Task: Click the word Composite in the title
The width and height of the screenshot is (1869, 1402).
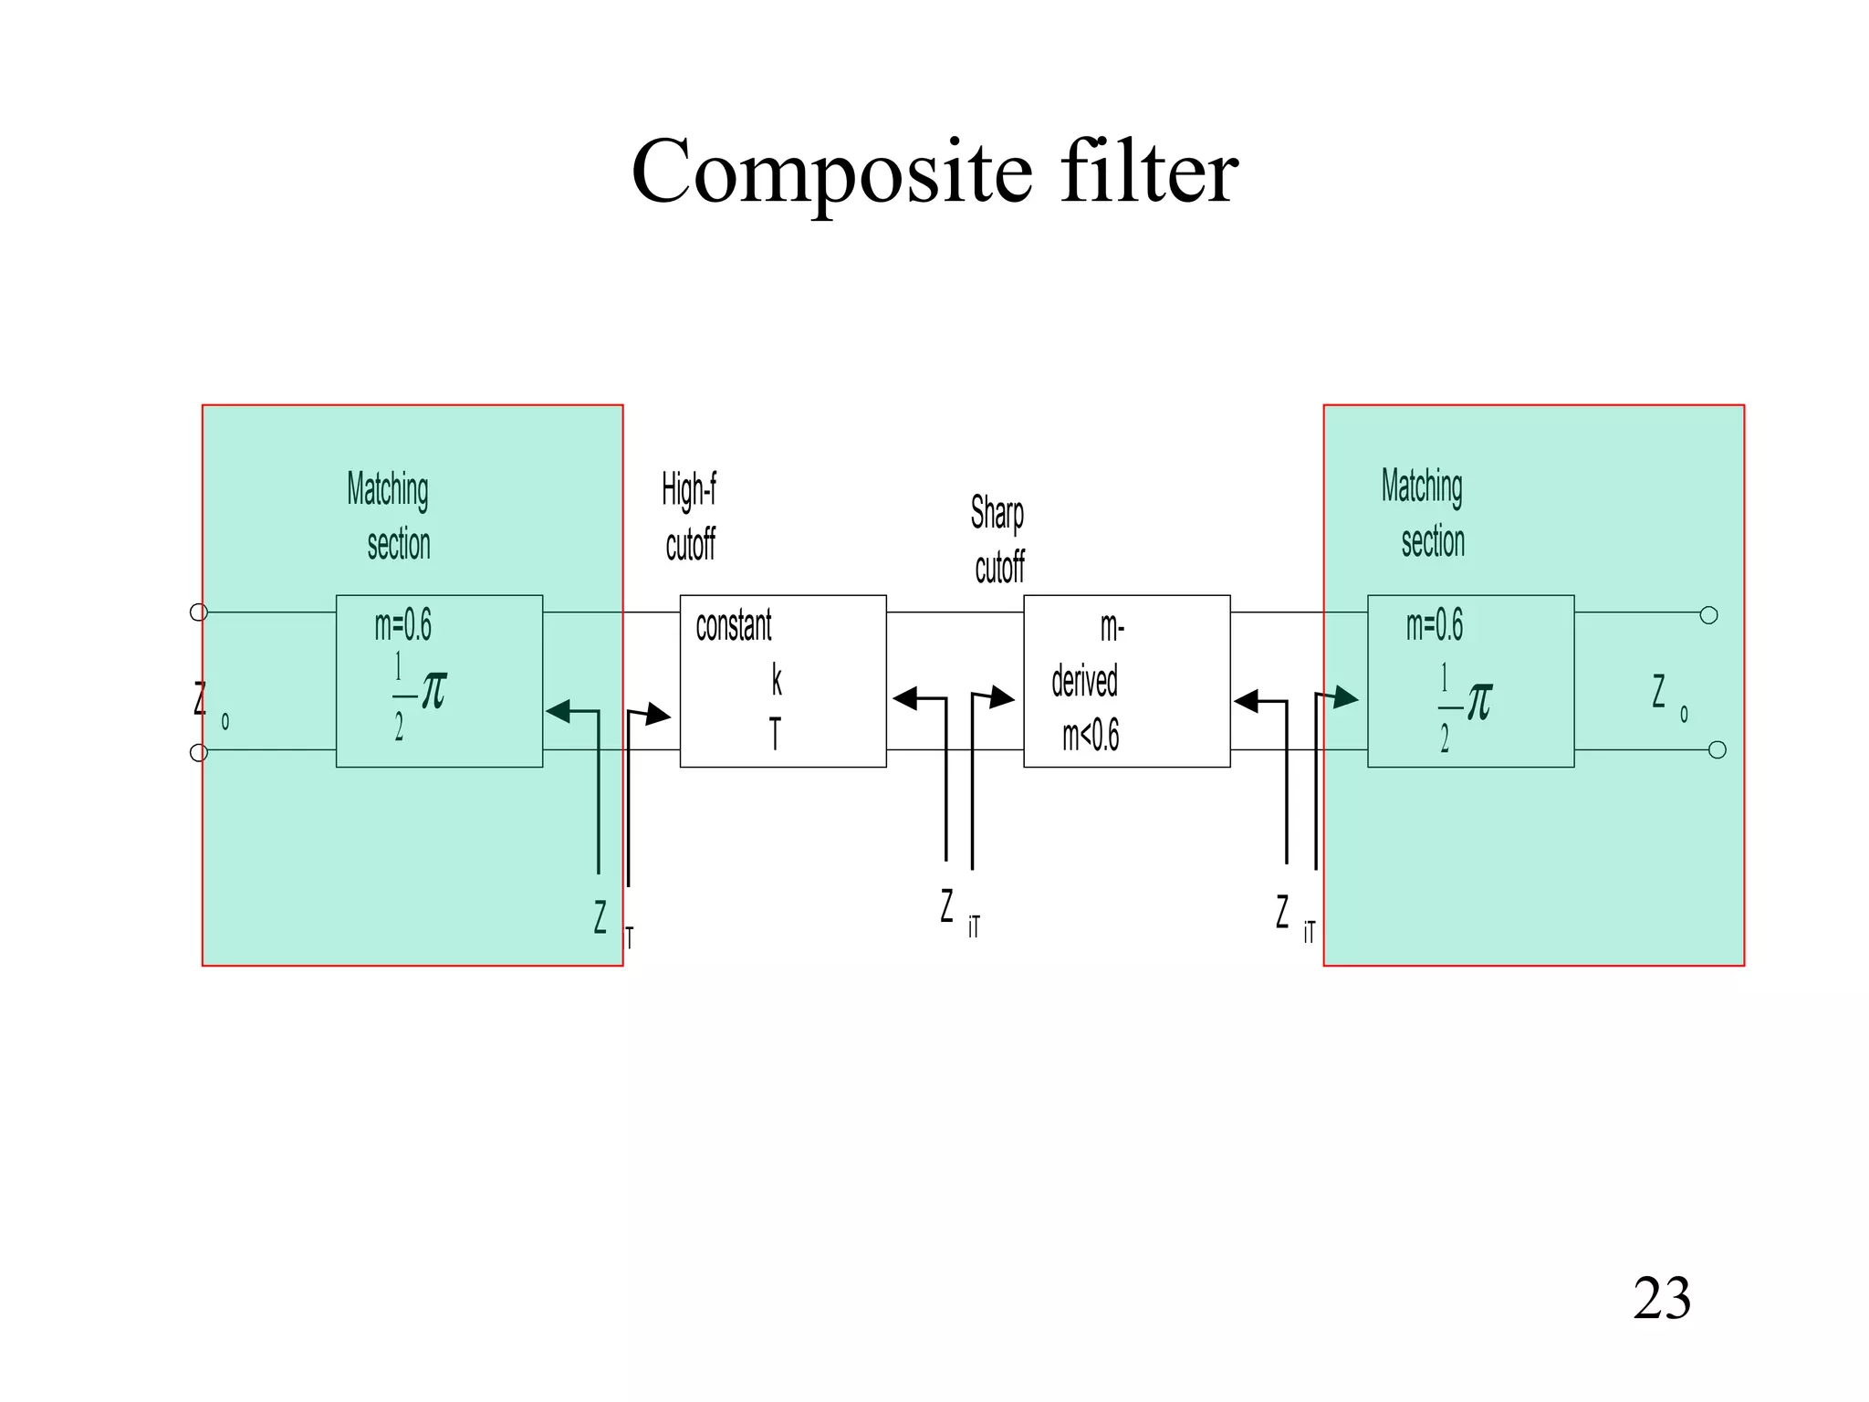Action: (x=831, y=173)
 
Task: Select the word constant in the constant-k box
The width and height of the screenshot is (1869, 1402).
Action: (x=733, y=626)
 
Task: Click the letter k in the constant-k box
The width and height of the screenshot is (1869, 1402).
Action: (x=777, y=680)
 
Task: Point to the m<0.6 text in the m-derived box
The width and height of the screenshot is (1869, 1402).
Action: (x=1090, y=735)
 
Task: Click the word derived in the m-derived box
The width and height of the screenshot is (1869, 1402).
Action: (x=1084, y=681)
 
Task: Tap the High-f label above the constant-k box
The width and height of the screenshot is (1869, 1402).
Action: (x=688, y=490)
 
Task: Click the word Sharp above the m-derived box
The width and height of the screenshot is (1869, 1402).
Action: (x=997, y=513)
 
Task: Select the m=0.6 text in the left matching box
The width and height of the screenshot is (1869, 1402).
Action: (x=402, y=625)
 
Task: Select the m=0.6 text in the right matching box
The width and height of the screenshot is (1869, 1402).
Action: (x=1434, y=625)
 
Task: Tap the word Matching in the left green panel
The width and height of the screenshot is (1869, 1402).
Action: (x=387, y=490)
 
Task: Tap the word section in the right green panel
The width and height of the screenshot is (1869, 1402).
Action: (x=1433, y=541)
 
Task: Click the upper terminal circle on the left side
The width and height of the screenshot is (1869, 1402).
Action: (x=198, y=612)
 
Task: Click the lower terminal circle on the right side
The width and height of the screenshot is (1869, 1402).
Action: (x=1717, y=750)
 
